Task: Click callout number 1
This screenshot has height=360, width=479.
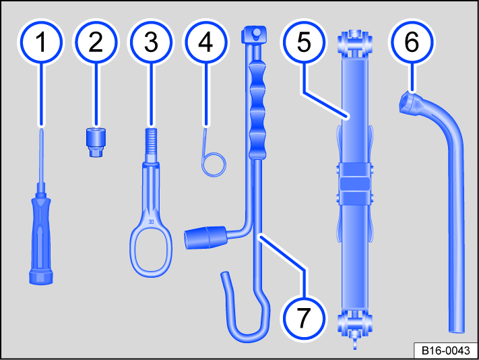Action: click(42, 42)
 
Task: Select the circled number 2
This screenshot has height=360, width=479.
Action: click(96, 42)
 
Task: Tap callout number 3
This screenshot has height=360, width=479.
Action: click(150, 42)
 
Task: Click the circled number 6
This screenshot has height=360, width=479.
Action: click(411, 42)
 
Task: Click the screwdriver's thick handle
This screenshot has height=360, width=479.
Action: click(41, 233)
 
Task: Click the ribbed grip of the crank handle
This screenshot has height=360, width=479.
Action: click(258, 108)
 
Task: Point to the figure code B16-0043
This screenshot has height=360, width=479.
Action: click(444, 351)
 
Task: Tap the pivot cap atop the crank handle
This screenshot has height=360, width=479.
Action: click(254, 33)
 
